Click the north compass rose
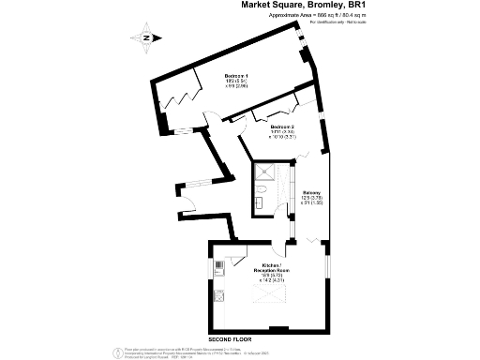[x=147, y=37]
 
